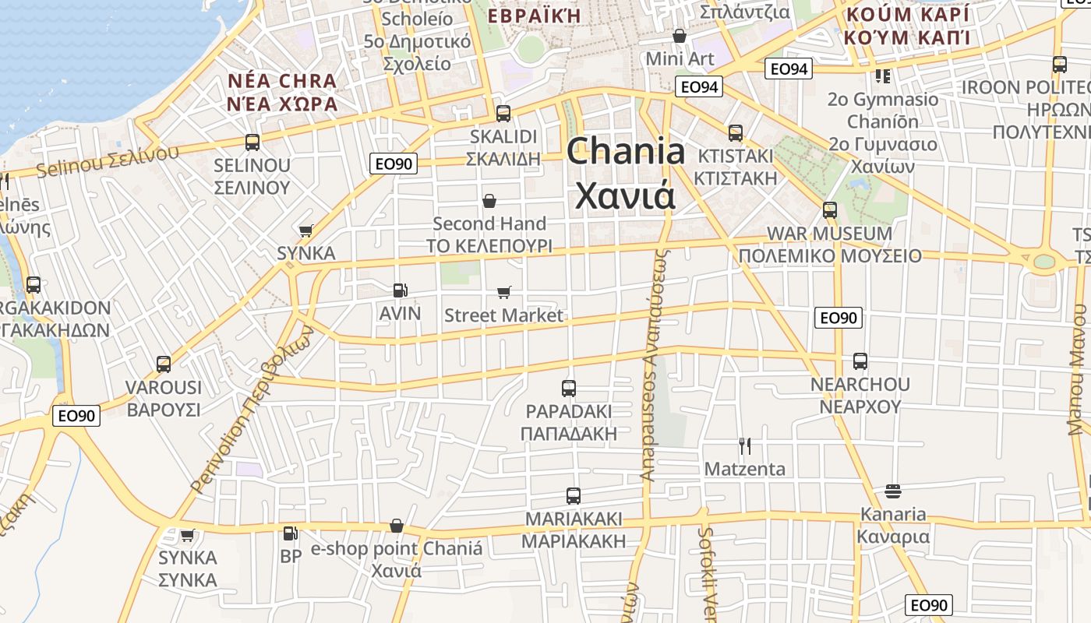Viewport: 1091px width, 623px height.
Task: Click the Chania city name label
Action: click(x=625, y=173)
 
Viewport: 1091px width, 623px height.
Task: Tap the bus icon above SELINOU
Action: click(x=252, y=142)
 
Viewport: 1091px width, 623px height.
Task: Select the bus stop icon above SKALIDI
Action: click(x=503, y=113)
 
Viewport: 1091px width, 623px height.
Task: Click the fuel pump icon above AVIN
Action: click(x=400, y=290)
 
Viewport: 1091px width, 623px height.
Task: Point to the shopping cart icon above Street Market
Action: click(x=503, y=292)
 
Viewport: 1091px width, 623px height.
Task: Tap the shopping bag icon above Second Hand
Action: click(x=489, y=201)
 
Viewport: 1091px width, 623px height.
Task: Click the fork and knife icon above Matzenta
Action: click(x=745, y=445)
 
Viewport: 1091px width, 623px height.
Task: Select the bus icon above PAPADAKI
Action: click(x=569, y=388)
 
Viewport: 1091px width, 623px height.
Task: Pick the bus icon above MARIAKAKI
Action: click(x=574, y=495)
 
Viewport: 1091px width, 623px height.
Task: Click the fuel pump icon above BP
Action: click(x=290, y=533)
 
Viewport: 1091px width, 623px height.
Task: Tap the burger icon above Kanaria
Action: click(x=893, y=491)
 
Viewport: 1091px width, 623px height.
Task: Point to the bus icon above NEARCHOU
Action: click(x=860, y=361)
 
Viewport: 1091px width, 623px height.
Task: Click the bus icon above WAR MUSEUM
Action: click(x=830, y=209)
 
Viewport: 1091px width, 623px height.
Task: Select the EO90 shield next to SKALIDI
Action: click(x=394, y=164)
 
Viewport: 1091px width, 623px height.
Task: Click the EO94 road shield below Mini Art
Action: click(x=698, y=86)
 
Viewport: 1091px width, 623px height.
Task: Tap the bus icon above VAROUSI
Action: click(x=164, y=364)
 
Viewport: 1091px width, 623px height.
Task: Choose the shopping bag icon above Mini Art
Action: click(x=680, y=36)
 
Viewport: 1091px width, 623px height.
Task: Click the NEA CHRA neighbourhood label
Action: click(x=282, y=92)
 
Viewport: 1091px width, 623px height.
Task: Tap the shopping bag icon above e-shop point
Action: click(x=397, y=526)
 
